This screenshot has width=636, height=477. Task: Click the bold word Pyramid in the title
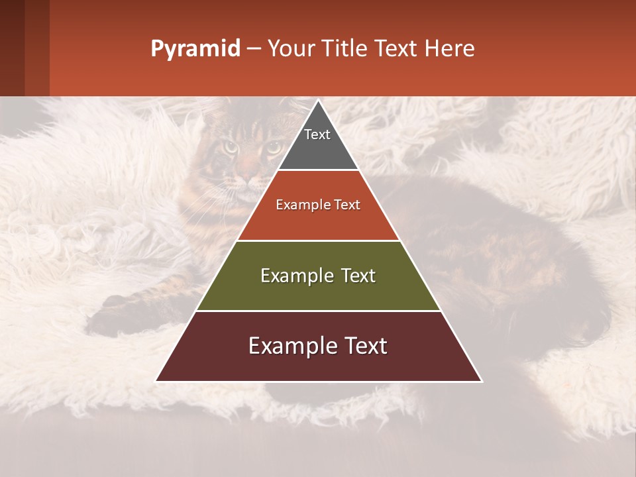[195, 48]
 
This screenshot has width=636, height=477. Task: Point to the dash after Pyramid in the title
[253, 49]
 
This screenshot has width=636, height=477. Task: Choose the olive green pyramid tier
[318, 291]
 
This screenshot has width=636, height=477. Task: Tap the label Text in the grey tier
[317, 134]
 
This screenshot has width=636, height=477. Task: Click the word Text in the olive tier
[353, 276]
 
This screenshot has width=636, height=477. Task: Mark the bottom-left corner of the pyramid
[156, 381]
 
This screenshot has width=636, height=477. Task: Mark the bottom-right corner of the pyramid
[482, 381]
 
